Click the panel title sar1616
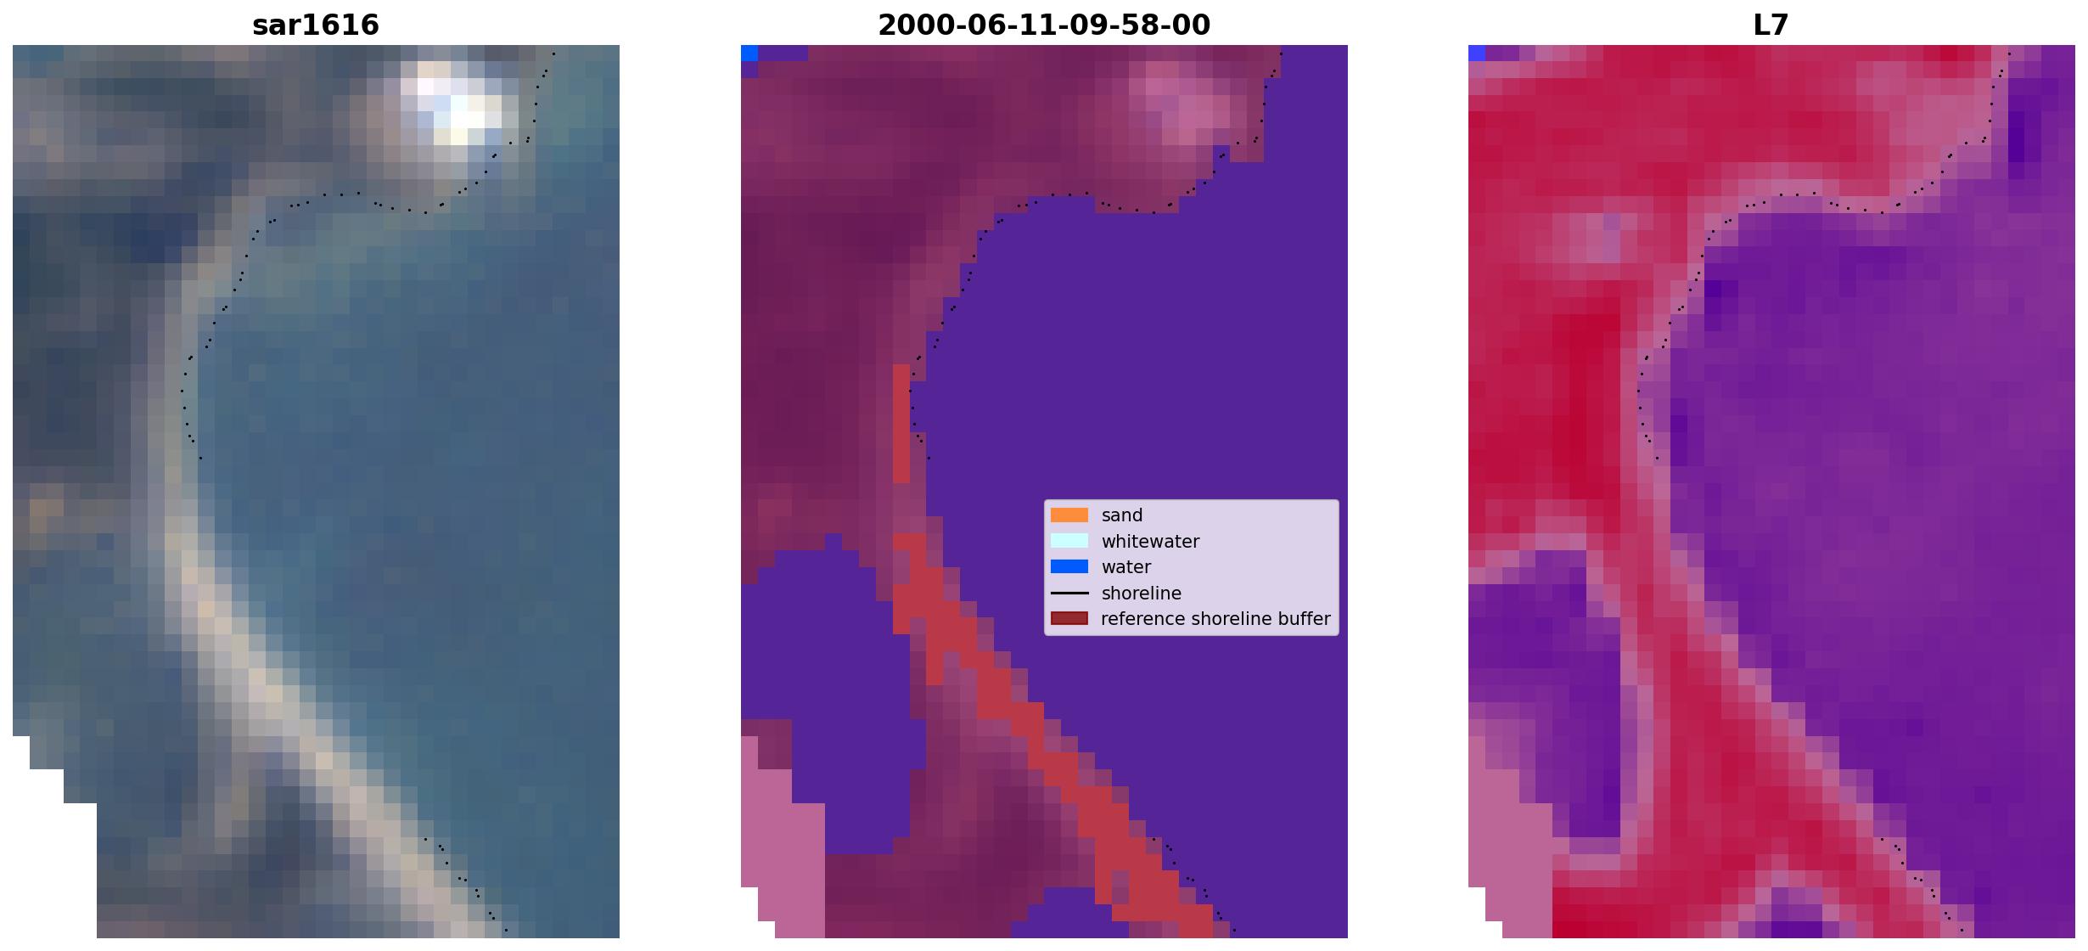click(x=316, y=25)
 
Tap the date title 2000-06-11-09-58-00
click(x=1044, y=25)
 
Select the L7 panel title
click(x=1771, y=25)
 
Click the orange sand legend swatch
click(x=1069, y=515)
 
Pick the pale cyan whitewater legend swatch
click(x=1069, y=541)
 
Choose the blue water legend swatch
click(x=1069, y=566)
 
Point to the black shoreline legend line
click(x=1069, y=593)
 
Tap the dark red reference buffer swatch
click(x=1069, y=618)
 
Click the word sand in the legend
click(x=1122, y=515)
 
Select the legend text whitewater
click(x=1150, y=542)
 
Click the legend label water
click(x=1126, y=567)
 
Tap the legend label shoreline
click(x=1142, y=594)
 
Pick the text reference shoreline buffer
click(x=1215, y=619)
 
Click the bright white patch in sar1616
click(x=458, y=106)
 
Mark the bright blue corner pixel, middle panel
click(x=749, y=53)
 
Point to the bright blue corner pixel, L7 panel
click(x=1477, y=53)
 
